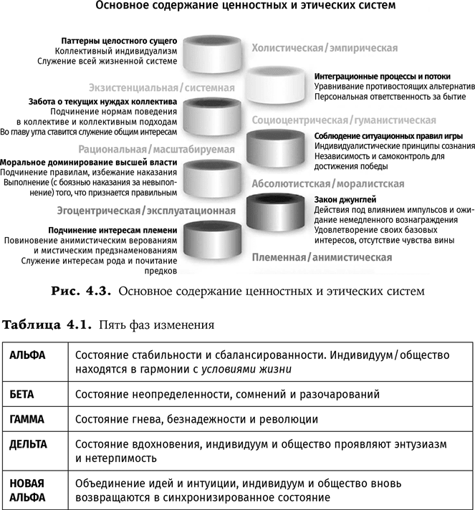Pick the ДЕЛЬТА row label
(x=29, y=444)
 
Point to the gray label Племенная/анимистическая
(x=321, y=256)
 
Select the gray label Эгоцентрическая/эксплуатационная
(x=147, y=210)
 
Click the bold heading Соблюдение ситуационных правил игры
(x=388, y=136)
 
